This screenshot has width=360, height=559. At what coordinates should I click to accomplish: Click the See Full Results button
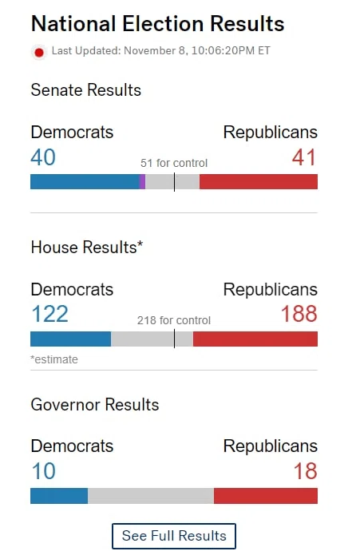click(173, 536)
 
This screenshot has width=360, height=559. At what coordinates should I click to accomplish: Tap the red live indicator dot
click(39, 53)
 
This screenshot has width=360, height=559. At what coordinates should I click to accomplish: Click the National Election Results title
click(157, 23)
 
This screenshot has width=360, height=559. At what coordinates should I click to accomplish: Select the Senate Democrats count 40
click(43, 157)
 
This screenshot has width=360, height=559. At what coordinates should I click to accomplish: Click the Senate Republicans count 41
click(304, 157)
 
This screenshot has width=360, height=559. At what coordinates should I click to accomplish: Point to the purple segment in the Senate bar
click(142, 181)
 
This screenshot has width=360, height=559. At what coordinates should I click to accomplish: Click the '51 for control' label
click(174, 163)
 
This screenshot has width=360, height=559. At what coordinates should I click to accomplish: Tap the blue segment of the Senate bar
click(85, 181)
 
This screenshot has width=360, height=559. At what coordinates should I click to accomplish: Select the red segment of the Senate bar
click(259, 181)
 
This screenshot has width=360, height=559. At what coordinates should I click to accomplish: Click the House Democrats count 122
click(49, 314)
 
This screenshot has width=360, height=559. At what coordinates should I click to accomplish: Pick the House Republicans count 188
click(299, 314)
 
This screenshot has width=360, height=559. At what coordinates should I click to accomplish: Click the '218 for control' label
click(174, 320)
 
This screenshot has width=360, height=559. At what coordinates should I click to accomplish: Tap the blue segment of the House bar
click(70, 339)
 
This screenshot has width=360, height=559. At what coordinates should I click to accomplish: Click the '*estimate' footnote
click(54, 359)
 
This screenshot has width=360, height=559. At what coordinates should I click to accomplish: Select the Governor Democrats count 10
click(43, 471)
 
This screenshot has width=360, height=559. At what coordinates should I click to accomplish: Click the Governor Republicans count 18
click(306, 471)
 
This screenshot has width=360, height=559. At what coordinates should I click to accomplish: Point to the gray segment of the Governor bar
click(151, 496)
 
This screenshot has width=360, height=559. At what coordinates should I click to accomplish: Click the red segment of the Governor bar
click(266, 496)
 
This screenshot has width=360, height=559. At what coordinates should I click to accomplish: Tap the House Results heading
click(87, 248)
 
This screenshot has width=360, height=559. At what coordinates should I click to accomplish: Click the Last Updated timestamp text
click(160, 51)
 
